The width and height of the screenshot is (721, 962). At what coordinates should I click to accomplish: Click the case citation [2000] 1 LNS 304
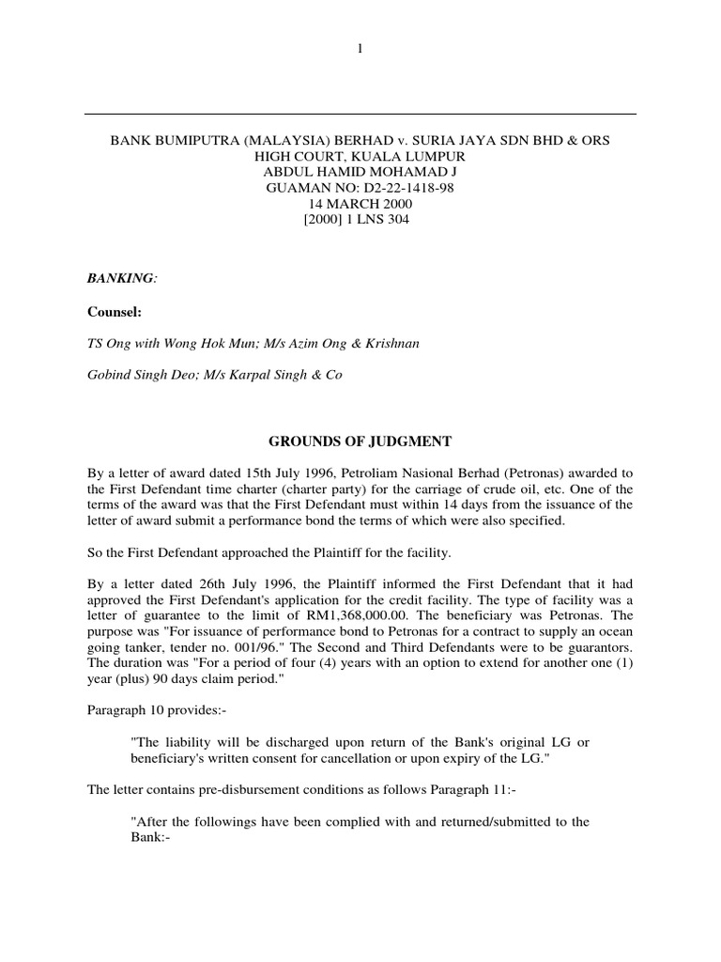coord(360,221)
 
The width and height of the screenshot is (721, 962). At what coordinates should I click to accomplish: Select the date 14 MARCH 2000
coord(360,204)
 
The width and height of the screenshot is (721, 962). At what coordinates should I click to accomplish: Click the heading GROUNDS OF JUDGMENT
coord(360,441)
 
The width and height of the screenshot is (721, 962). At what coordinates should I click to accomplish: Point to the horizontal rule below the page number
coord(360,115)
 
